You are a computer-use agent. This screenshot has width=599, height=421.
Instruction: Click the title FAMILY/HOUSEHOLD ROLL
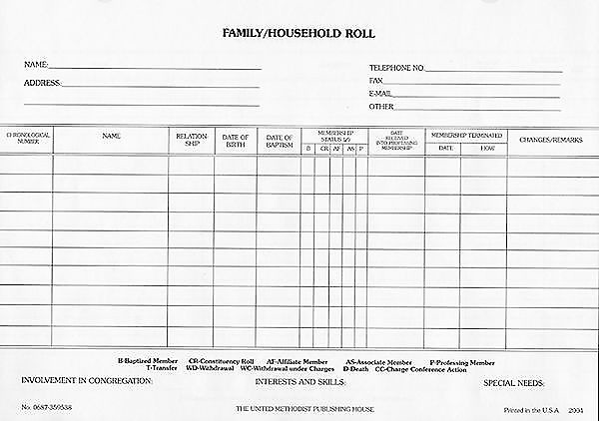pos(299,34)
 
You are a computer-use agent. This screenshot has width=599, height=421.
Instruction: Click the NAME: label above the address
pos(36,65)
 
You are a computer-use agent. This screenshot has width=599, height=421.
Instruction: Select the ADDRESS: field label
pos(43,83)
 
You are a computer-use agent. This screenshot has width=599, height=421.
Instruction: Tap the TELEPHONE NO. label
pos(397,68)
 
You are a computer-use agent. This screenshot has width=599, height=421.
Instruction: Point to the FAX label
pos(376,81)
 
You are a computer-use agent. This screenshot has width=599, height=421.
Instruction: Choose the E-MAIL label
pos(380,93)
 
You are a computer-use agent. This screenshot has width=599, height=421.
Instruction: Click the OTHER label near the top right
pos(381,106)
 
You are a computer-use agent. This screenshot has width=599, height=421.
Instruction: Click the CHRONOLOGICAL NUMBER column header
pos(27,137)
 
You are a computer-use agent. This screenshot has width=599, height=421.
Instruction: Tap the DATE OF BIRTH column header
pos(236,140)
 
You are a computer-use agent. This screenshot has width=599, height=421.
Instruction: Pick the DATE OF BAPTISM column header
pos(280,140)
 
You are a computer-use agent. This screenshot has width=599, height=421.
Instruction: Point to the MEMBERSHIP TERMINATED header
pos(465,134)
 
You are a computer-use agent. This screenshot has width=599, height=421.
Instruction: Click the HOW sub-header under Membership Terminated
pos(486,148)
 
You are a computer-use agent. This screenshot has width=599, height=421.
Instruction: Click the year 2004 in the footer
pos(576,409)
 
